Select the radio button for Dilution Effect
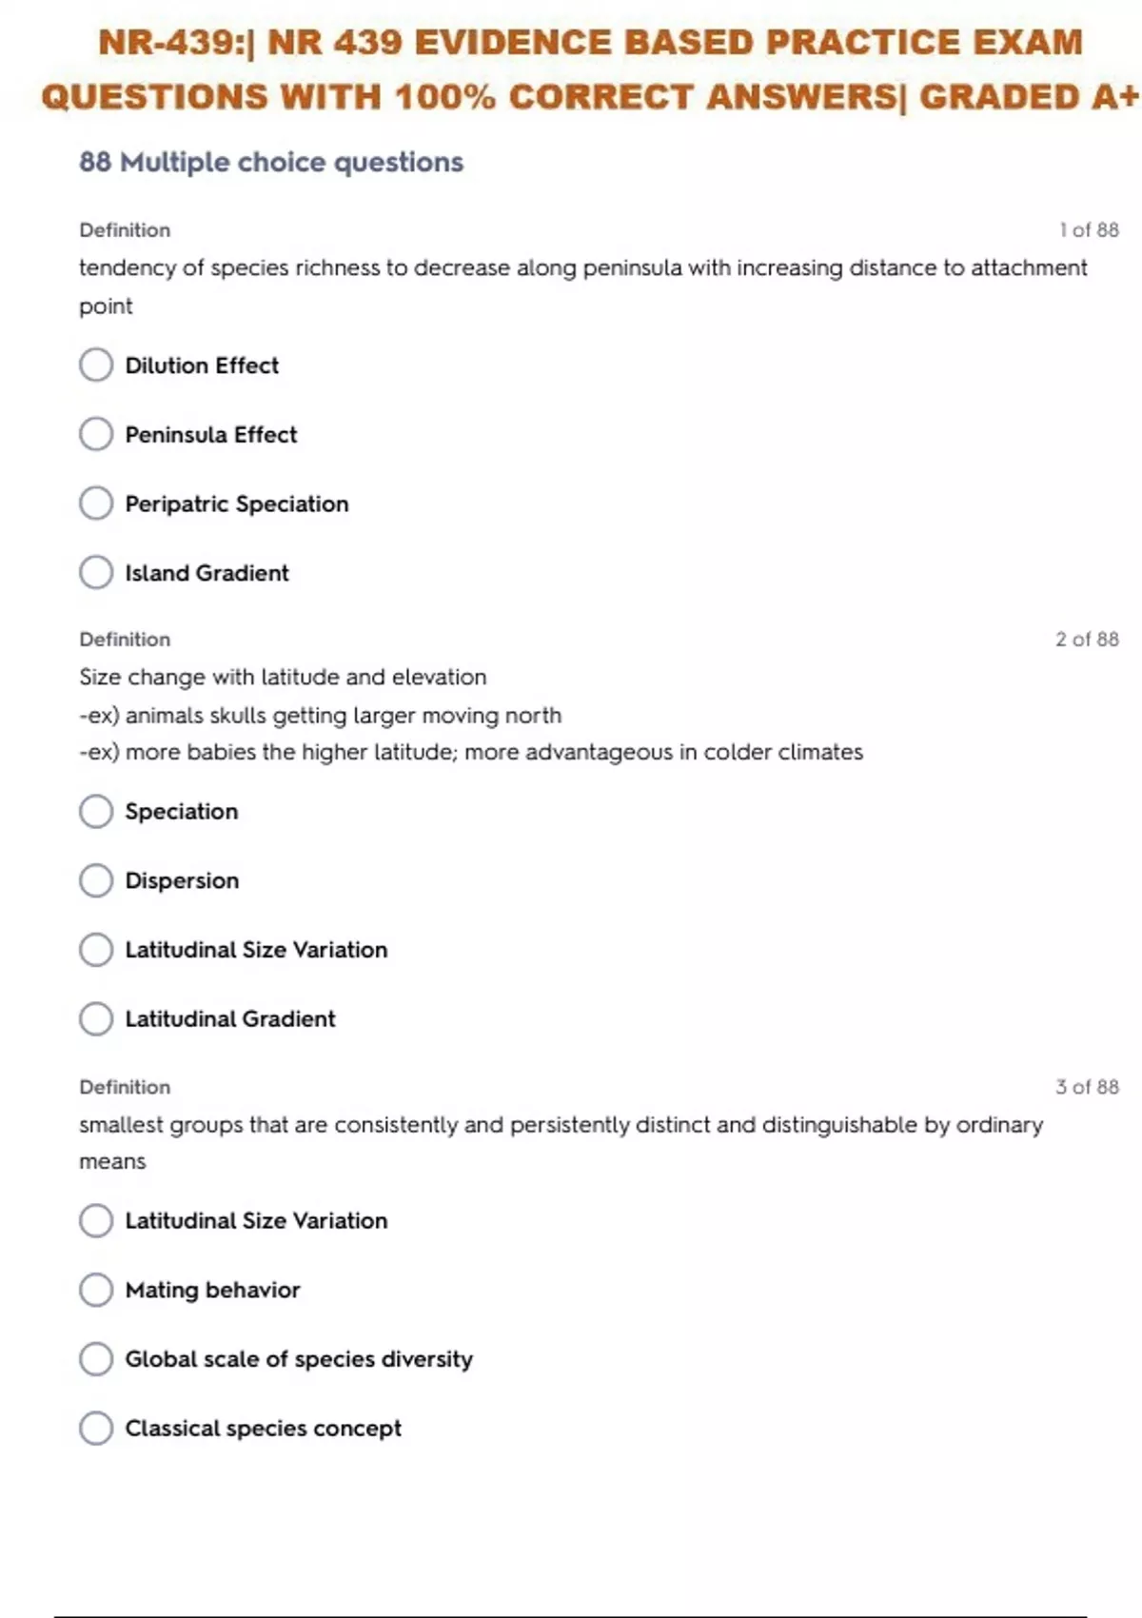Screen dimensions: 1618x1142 click(96, 365)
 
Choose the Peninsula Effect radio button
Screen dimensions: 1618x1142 click(96, 434)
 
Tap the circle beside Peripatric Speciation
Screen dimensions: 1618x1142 click(96, 503)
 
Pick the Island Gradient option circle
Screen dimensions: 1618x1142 click(96, 572)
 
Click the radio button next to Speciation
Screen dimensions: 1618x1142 click(96, 811)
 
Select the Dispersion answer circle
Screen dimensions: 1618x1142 click(96, 880)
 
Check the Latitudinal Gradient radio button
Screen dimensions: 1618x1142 click(96, 1018)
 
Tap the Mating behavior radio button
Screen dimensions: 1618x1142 click(96, 1290)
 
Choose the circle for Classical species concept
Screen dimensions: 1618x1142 click(96, 1428)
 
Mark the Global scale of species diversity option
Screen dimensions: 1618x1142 click(96, 1359)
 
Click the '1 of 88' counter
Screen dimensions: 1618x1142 click(1089, 230)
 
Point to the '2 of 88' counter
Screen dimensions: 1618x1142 click(1087, 640)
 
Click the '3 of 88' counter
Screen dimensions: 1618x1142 click(1087, 1087)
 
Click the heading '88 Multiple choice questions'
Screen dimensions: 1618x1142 click(271, 163)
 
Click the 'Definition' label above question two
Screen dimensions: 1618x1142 click(125, 640)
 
